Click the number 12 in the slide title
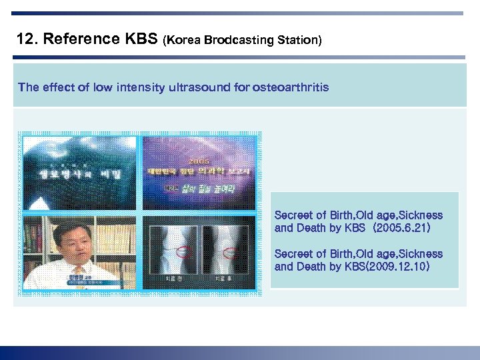25,39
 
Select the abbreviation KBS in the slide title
141,39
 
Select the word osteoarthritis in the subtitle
291,87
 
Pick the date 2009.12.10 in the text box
399,267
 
